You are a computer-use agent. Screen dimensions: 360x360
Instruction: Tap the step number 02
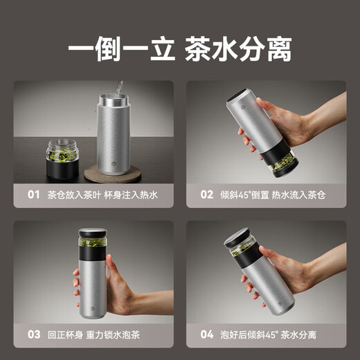206,195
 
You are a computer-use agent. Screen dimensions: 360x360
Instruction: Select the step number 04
206,334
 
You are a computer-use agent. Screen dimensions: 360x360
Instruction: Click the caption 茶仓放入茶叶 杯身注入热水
102,195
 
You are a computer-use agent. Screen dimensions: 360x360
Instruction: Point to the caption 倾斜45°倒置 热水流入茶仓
271,195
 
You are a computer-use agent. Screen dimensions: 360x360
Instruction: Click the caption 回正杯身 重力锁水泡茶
99,334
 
